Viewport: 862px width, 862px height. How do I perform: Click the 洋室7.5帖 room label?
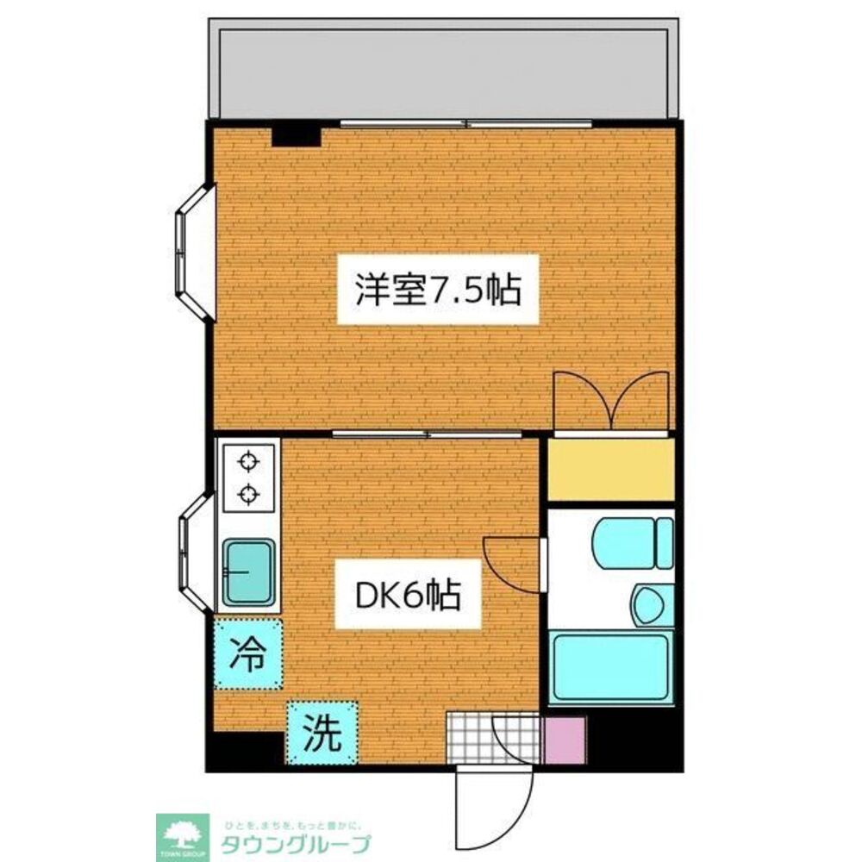(x=438, y=290)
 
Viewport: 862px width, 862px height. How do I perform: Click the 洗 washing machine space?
(x=321, y=732)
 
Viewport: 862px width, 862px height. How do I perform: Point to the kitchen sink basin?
(x=249, y=572)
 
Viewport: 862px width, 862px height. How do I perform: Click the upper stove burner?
(x=249, y=462)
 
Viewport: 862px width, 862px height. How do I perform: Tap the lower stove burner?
(x=249, y=494)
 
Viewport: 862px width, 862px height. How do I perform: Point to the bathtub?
(x=611, y=667)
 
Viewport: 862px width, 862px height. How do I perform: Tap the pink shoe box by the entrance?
(x=565, y=740)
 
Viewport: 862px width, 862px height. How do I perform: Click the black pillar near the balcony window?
(x=297, y=135)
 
